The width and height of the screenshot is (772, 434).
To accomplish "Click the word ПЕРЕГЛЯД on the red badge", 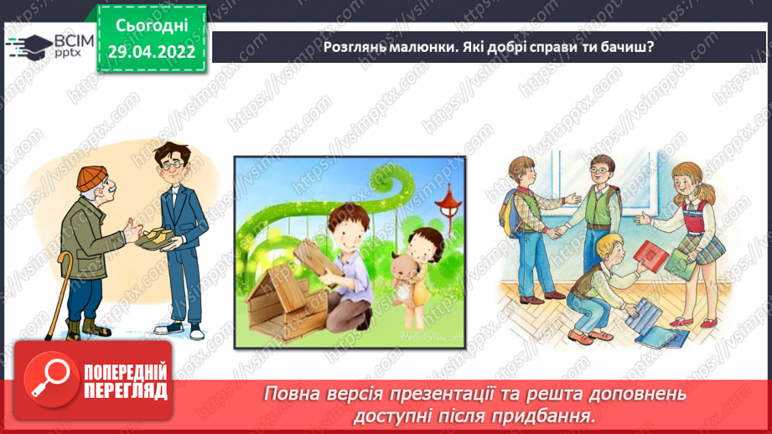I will pyautogui.click(x=127, y=391).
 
